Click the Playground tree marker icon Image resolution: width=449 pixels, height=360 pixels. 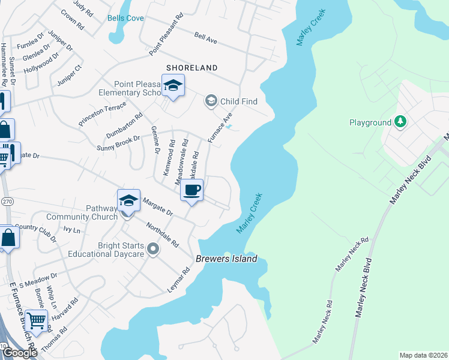tap(400, 122)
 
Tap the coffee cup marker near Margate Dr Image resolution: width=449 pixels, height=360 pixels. tap(191, 191)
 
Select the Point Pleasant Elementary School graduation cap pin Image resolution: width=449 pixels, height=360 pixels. tap(173, 86)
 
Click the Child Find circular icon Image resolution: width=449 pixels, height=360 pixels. tap(211, 101)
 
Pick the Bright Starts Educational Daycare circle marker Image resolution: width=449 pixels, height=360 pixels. tap(153, 248)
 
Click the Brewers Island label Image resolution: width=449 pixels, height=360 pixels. tap(226, 259)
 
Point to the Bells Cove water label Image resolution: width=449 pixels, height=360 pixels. tap(125, 18)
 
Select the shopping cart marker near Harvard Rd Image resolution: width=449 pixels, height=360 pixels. tap(36, 321)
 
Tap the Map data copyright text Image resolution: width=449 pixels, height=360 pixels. tap(423, 355)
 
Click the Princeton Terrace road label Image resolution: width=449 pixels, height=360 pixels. tap(102, 114)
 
